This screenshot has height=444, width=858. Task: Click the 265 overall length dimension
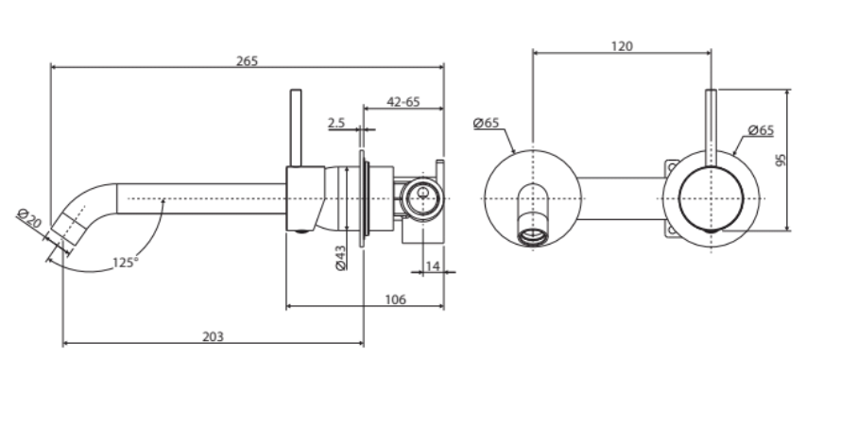[x=247, y=60]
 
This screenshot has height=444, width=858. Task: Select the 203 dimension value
[x=214, y=336]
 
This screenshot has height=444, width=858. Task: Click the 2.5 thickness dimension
[x=337, y=123]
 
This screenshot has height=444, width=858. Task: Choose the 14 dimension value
[x=432, y=266]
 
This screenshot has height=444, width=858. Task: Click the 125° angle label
[x=126, y=263]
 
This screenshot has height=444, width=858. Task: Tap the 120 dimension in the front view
[x=622, y=45]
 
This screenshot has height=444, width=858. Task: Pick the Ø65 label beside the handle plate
[x=760, y=129]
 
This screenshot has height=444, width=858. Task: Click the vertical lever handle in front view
[x=711, y=123]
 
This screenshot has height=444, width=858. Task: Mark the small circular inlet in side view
[x=418, y=198]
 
